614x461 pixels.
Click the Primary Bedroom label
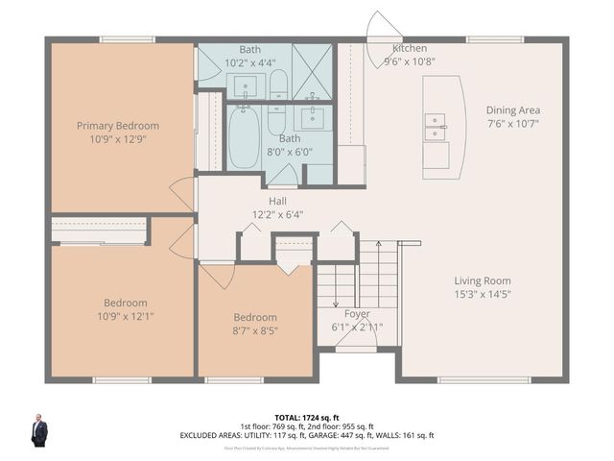click(x=118, y=126)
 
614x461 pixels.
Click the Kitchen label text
click(x=410, y=49)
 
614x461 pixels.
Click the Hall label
click(x=277, y=201)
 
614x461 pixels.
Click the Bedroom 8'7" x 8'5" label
click(x=255, y=318)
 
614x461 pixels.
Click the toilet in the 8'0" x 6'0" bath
click(x=276, y=122)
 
